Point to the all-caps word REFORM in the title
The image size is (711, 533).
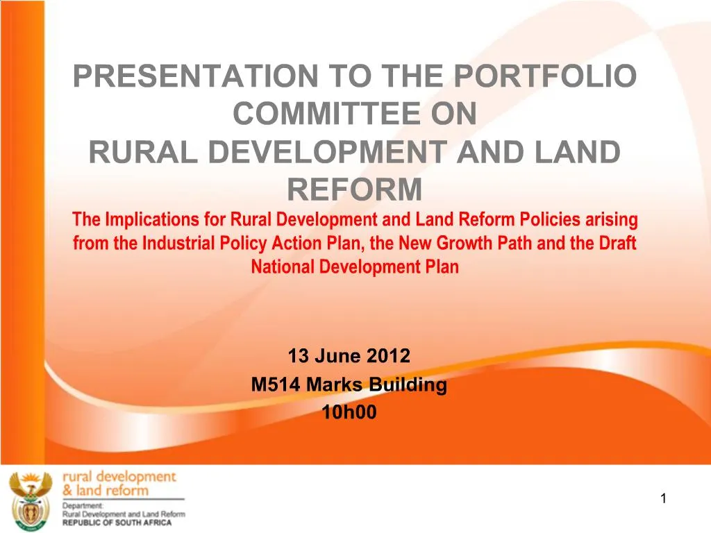354,188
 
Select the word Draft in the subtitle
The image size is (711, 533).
618,244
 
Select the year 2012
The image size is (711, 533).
390,357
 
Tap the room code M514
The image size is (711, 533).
275,385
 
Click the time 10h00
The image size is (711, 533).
349,413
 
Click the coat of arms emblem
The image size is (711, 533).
31,498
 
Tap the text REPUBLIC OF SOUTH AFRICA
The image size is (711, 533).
117,522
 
